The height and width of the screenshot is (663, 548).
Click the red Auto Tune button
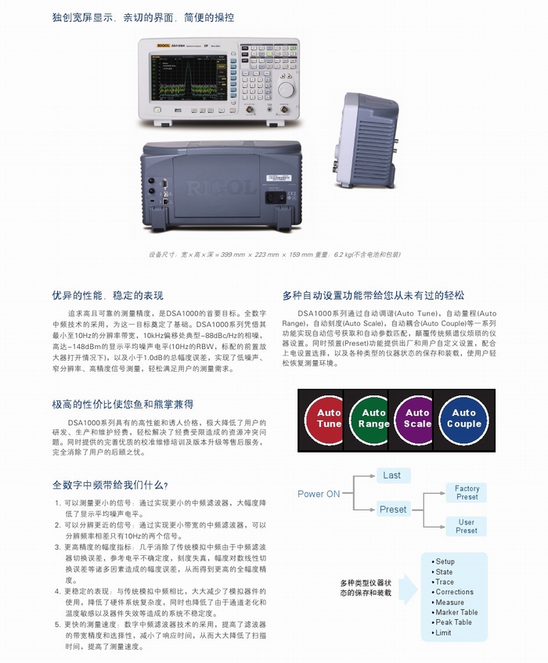(329, 418)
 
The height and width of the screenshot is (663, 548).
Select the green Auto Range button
(373, 418)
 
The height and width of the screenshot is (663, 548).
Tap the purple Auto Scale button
(417, 418)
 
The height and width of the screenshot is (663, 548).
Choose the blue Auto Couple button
(463, 418)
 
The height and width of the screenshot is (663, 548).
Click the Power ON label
(319, 494)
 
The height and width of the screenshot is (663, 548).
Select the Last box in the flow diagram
(391, 475)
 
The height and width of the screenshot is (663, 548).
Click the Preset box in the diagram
(393, 510)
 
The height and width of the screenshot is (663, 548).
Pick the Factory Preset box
(467, 492)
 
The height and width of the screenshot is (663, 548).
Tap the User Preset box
(467, 526)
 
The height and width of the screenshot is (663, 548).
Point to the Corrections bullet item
(454, 593)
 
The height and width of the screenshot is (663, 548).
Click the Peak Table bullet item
(453, 622)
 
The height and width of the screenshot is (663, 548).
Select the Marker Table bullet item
(456, 612)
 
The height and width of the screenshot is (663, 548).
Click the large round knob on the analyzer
(287, 90)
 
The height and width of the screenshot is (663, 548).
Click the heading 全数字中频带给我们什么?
(110, 485)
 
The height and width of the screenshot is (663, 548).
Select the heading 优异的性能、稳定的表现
(108, 295)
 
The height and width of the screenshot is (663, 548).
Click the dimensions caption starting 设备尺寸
(274, 254)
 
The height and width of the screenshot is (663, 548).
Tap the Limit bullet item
(443, 632)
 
